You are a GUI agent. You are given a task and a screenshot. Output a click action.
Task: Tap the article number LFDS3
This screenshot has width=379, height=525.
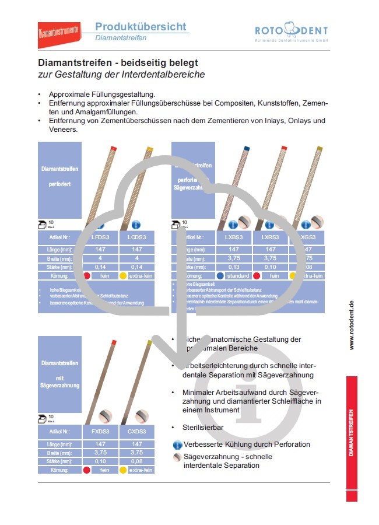coord(100,238)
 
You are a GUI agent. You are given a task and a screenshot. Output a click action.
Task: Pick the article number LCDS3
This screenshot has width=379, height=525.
coord(136,238)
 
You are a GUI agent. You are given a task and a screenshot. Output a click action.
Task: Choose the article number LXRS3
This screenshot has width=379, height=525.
coord(270,238)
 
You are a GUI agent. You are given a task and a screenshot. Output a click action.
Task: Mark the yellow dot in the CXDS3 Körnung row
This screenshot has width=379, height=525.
coord(123,470)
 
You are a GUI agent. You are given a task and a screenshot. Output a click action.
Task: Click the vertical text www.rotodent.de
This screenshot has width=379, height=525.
coord(352,325)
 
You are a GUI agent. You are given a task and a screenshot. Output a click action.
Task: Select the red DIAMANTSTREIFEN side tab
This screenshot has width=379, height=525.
coord(352,437)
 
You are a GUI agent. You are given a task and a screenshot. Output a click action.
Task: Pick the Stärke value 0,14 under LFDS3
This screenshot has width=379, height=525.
coord(100,266)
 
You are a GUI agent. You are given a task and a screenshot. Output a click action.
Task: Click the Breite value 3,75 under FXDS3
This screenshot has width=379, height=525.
coord(100,452)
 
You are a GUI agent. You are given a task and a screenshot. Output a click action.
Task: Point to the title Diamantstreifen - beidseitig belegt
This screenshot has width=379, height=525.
coord(118,62)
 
